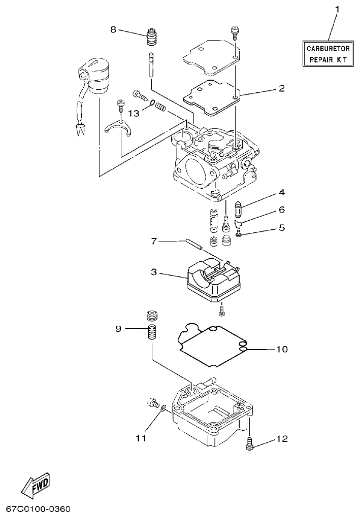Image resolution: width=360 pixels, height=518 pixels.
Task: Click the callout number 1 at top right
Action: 336,9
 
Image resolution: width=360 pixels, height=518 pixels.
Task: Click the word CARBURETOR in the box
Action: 328,49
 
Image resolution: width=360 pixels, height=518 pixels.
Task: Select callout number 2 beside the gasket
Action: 281,88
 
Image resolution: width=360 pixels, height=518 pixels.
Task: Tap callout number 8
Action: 113,29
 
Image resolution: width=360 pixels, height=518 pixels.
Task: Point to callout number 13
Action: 134,113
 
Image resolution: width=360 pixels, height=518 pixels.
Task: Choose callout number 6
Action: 281,209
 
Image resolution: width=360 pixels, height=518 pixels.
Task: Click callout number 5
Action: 281,228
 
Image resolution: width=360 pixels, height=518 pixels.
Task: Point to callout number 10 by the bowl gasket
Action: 281,349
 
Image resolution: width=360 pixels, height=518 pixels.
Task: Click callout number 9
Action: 118,329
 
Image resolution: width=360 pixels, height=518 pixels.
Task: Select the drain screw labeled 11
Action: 151,403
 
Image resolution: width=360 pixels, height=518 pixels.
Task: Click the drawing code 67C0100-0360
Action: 38,508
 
